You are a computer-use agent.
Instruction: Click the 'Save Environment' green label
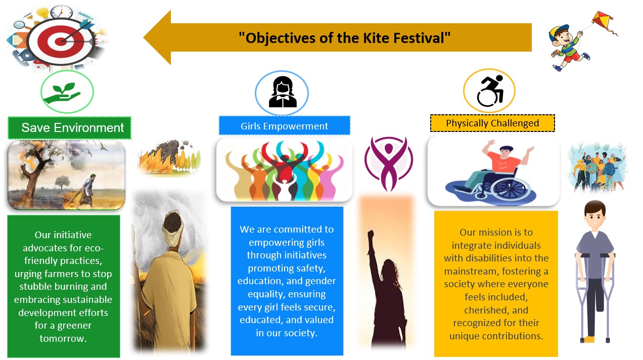pyautogui.click(x=69, y=128)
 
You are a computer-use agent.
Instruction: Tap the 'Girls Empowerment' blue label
pyautogui.click(x=285, y=126)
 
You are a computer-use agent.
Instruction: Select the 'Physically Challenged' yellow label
pyautogui.click(x=492, y=123)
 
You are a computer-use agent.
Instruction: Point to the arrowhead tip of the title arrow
pyautogui.click(x=144, y=37)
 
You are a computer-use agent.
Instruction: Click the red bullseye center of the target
pyautogui.click(x=61, y=41)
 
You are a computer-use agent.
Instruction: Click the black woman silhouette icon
pyautogui.click(x=283, y=92)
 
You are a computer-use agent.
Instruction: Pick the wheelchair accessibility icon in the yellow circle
pyautogui.click(x=490, y=91)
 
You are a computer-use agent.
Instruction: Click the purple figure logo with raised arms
pyautogui.click(x=389, y=163)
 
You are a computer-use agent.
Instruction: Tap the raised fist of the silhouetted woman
pyautogui.click(x=371, y=235)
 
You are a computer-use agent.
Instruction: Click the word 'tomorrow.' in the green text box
pyautogui.click(x=63, y=338)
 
